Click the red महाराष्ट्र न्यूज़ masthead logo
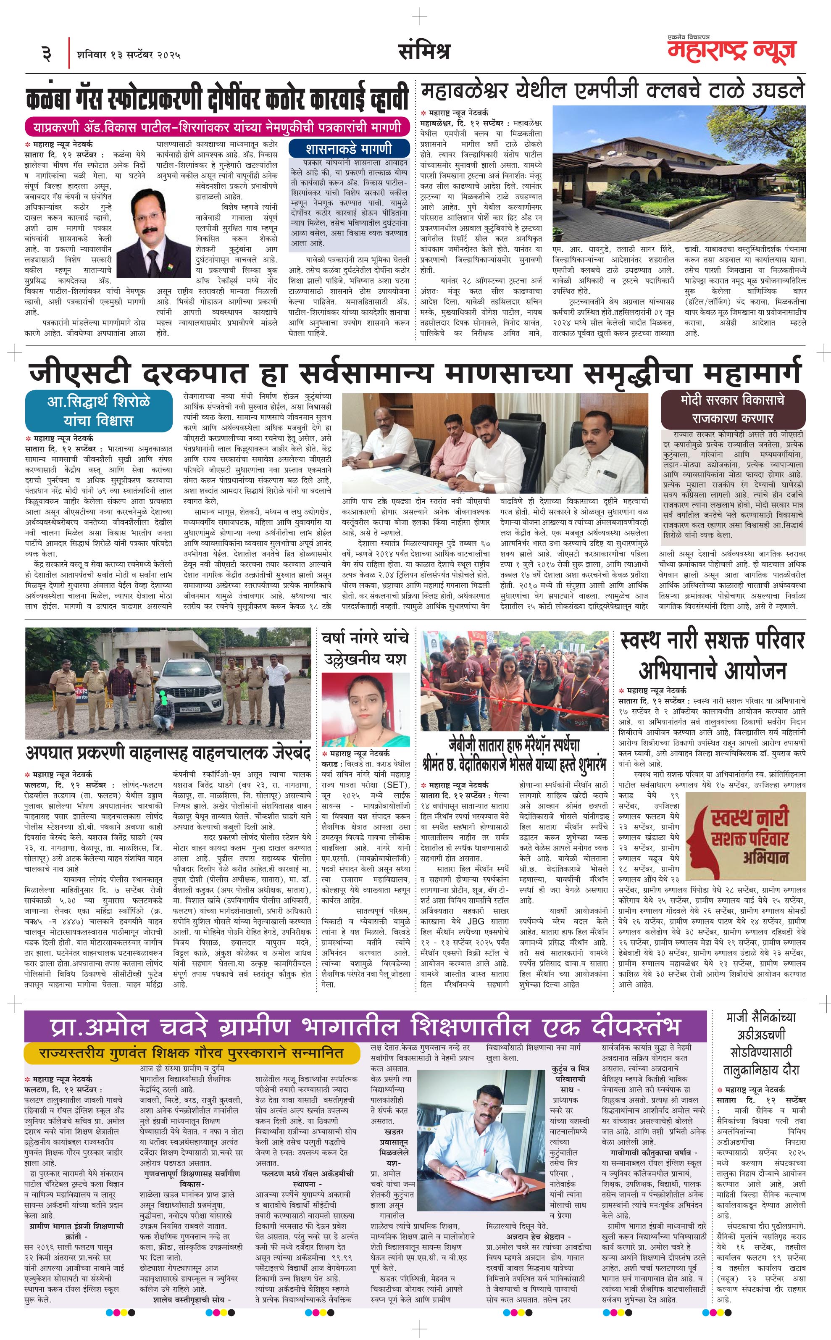point(731,50)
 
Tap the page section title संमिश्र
point(424,51)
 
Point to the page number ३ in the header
point(47,54)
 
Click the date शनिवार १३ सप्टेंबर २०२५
point(129,54)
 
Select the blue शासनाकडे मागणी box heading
point(349,148)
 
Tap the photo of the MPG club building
point(679,174)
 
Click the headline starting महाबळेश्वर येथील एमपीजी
point(612,90)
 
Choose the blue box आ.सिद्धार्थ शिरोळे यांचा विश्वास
point(98,410)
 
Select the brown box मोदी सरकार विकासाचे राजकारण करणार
point(733,409)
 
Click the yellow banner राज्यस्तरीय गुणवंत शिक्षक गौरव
point(192,1053)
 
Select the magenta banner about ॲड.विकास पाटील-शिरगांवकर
point(217,127)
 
